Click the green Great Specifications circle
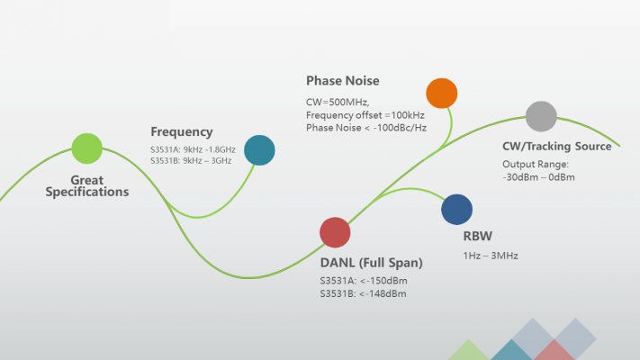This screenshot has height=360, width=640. click(x=86, y=148)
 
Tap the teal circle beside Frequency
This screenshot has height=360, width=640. click(x=259, y=150)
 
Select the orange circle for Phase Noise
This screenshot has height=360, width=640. click(x=441, y=93)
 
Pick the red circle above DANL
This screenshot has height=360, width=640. click(x=335, y=232)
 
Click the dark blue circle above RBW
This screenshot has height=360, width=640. click(x=456, y=209)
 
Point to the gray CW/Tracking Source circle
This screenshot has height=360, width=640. click(x=541, y=116)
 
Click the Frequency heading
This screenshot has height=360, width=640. click(x=182, y=131)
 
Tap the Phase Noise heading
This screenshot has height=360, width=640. click(x=342, y=81)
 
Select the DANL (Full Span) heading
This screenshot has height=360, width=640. click(x=371, y=263)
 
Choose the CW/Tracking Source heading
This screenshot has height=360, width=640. click(x=556, y=146)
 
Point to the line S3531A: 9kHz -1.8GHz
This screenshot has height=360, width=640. click(x=193, y=148)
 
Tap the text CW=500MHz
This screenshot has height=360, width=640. click(x=338, y=102)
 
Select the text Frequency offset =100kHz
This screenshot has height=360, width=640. click(x=365, y=115)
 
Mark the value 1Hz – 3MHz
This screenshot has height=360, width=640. click(x=490, y=256)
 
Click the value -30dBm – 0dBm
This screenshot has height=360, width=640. click(x=537, y=177)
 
